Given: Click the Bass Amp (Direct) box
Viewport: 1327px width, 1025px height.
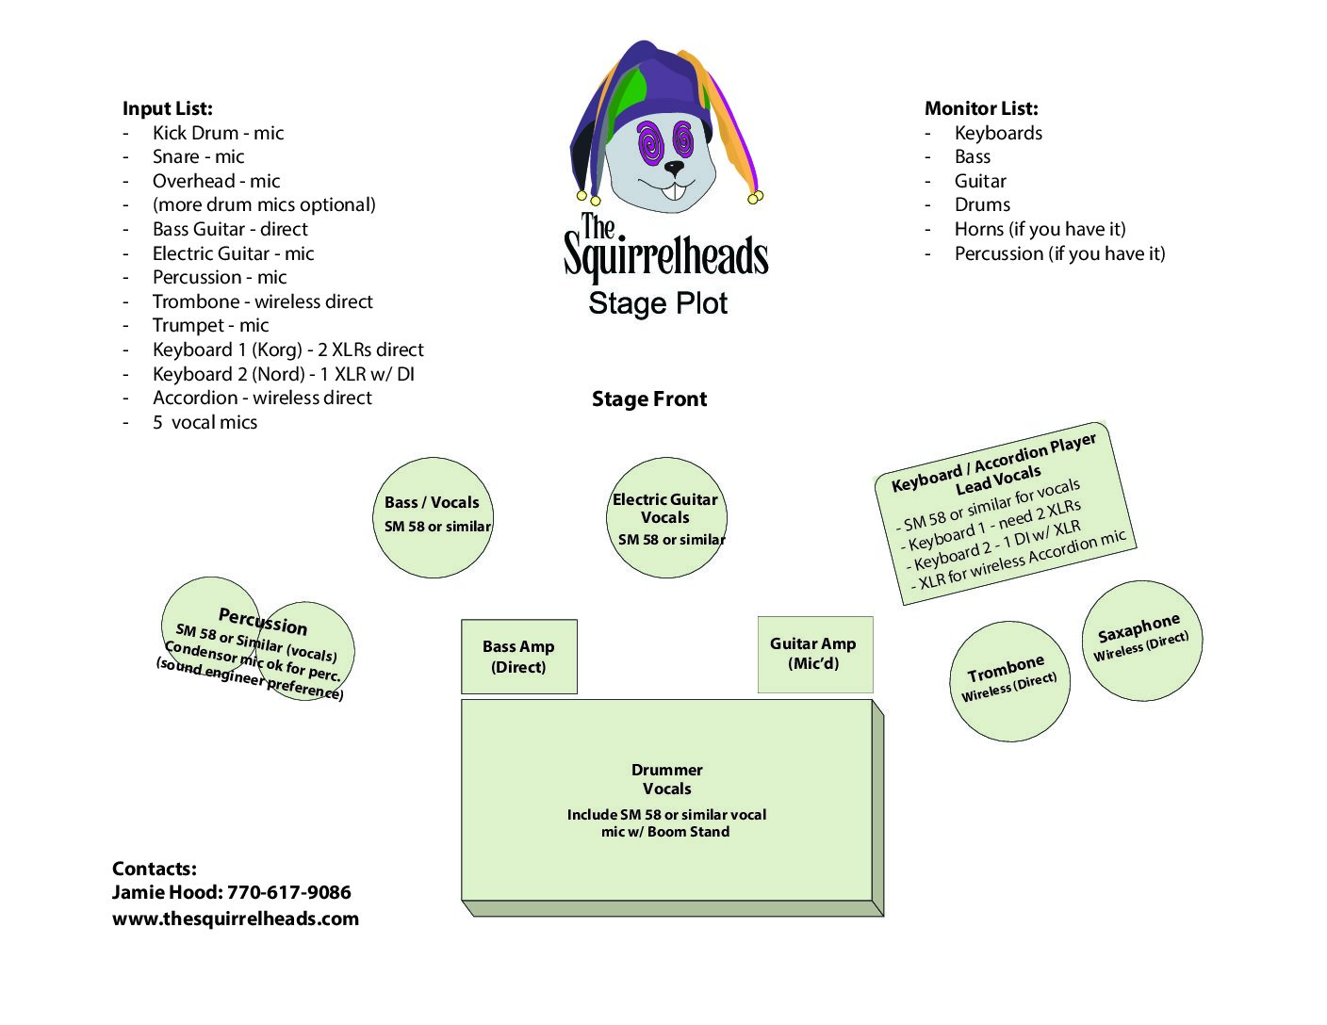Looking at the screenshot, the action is (x=518, y=657).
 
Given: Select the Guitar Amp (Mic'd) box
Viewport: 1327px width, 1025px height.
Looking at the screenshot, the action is (x=815, y=655).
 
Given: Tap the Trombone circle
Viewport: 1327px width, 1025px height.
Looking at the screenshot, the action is (x=1009, y=681).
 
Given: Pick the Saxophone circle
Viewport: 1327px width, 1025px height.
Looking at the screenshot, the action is (x=1142, y=641).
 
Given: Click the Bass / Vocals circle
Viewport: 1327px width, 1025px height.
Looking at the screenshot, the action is (x=433, y=517).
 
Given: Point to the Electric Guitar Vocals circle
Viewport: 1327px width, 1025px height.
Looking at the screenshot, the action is (x=666, y=517).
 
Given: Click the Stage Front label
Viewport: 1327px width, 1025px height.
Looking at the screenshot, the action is (x=649, y=399).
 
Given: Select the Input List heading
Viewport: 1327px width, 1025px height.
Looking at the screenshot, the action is (x=168, y=108).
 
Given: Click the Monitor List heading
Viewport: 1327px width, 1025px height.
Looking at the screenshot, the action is (x=981, y=108).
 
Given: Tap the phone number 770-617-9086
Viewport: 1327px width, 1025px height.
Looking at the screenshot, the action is (x=288, y=892).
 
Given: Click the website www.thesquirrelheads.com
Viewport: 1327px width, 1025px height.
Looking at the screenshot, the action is (x=235, y=919).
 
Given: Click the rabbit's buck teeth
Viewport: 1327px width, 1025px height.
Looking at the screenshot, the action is (x=674, y=190).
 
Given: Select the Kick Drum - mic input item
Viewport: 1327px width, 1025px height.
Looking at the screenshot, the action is (x=218, y=133).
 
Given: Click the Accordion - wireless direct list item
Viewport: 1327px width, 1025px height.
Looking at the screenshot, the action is (x=262, y=398).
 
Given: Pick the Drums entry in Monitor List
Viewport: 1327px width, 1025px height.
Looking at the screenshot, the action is (x=982, y=204).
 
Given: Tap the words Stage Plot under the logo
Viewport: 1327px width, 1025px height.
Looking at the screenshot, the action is (x=658, y=303).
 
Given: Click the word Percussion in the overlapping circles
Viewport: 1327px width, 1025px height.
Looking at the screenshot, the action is (x=263, y=622).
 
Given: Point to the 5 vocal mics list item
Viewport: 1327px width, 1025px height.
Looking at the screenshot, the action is (x=205, y=422).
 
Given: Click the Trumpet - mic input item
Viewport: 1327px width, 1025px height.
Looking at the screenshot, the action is (x=211, y=325).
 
